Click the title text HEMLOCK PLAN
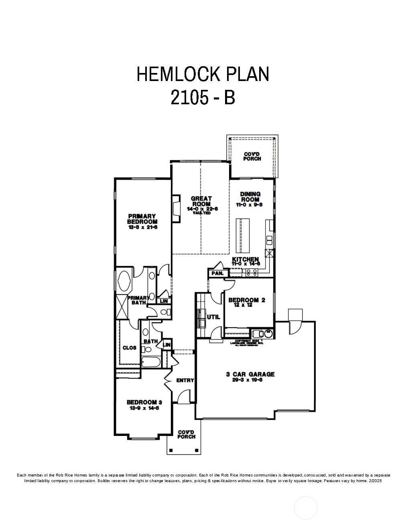[203, 74]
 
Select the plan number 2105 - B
[203, 97]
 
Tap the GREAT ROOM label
[201, 201]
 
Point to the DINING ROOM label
[250, 197]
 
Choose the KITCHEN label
[245, 259]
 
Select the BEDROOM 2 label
[246, 300]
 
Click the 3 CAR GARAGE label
[250, 374]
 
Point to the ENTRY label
[185, 380]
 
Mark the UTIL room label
[213, 317]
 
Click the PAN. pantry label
[217, 273]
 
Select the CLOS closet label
[129, 348]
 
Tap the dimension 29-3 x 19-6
[247, 380]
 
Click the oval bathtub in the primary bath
[124, 281]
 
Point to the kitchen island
[244, 235]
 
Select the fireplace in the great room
[176, 209]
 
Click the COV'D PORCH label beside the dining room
[252, 156]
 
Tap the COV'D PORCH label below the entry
[186, 434]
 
